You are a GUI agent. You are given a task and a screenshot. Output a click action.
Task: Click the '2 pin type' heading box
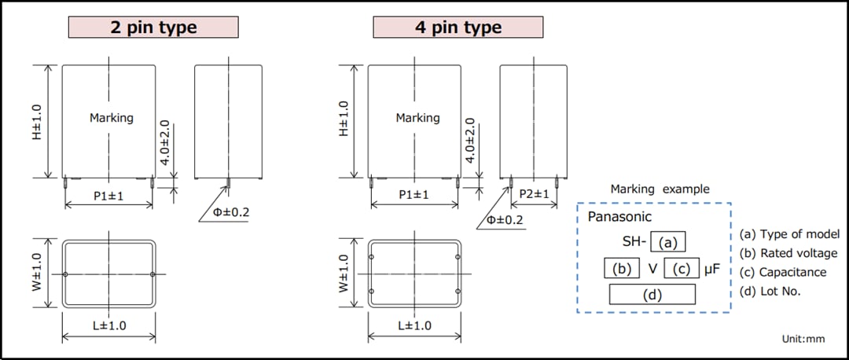[x=153, y=28]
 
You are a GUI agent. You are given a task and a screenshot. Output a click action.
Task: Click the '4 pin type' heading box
[x=458, y=28]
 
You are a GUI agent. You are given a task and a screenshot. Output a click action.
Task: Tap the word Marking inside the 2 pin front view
[x=112, y=118]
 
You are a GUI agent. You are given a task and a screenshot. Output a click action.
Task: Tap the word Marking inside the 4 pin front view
[x=417, y=118]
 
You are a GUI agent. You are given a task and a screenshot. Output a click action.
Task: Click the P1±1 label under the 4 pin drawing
[x=413, y=194]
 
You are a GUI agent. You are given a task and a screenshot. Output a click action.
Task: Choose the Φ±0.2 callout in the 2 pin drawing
[x=231, y=213]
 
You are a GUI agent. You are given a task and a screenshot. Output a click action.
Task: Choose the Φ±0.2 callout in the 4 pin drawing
[x=505, y=219]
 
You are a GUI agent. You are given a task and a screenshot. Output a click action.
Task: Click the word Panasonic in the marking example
[x=619, y=217]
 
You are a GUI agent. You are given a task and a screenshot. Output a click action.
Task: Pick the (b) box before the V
[x=623, y=269]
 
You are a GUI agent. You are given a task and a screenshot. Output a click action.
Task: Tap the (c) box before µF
[x=682, y=269]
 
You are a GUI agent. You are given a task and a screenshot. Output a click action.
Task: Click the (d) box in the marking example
[x=652, y=295]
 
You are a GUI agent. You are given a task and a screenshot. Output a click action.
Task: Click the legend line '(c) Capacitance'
[x=783, y=272]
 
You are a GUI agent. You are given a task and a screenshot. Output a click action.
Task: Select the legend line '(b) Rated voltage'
[x=788, y=253]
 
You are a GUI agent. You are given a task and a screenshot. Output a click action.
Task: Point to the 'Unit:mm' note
[x=803, y=339]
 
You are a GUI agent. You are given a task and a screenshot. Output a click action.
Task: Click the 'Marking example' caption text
[x=660, y=189]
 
